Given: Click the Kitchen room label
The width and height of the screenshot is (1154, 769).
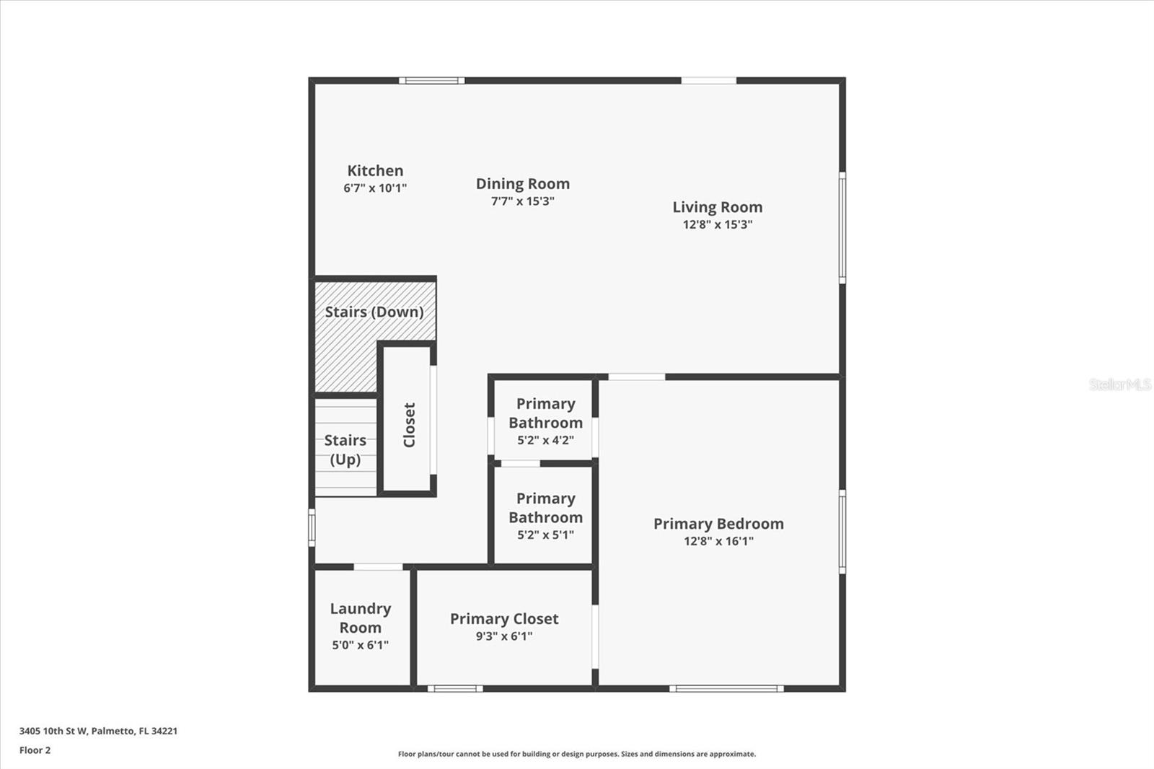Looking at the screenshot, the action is click(x=375, y=170).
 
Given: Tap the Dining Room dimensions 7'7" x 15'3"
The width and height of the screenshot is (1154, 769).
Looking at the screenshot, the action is click(x=522, y=201).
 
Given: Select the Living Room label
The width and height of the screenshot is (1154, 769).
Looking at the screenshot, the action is click(x=717, y=207).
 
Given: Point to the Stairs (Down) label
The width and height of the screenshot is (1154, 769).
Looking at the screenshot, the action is click(x=374, y=312).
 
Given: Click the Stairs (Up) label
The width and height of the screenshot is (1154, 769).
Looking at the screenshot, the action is click(x=345, y=449).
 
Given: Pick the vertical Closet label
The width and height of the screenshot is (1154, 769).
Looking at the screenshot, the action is click(x=409, y=425).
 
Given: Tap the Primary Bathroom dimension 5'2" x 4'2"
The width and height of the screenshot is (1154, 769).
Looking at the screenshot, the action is click(x=545, y=440).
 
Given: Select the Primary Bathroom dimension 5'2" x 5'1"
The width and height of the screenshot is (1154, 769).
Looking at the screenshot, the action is click(x=545, y=535).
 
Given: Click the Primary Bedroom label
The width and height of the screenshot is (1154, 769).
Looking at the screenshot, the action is click(x=718, y=524).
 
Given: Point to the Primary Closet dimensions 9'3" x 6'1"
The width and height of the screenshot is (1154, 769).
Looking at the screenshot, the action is click(x=504, y=636).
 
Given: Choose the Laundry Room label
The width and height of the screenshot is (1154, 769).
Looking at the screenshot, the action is click(x=361, y=618).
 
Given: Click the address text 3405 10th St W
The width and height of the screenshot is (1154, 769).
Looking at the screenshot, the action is click(x=53, y=731).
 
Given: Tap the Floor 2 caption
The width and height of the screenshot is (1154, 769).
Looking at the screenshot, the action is click(x=35, y=750).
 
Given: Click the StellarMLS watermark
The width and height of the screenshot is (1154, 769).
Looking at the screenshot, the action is click(x=1120, y=384).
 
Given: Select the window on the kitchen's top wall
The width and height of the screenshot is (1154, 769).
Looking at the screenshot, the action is click(x=432, y=80).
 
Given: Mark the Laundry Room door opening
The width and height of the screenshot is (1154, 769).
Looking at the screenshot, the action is click(x=378, y=567).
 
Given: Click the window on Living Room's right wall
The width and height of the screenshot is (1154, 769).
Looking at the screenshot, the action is click(x=842, y=228).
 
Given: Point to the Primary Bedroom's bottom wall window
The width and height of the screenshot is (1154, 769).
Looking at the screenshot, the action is click(x=726, y=689).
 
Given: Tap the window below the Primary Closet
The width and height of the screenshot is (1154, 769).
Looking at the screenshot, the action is click(x=455, y=689).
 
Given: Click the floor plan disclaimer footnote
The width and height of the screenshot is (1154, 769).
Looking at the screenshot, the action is click(x=576, y=754).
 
